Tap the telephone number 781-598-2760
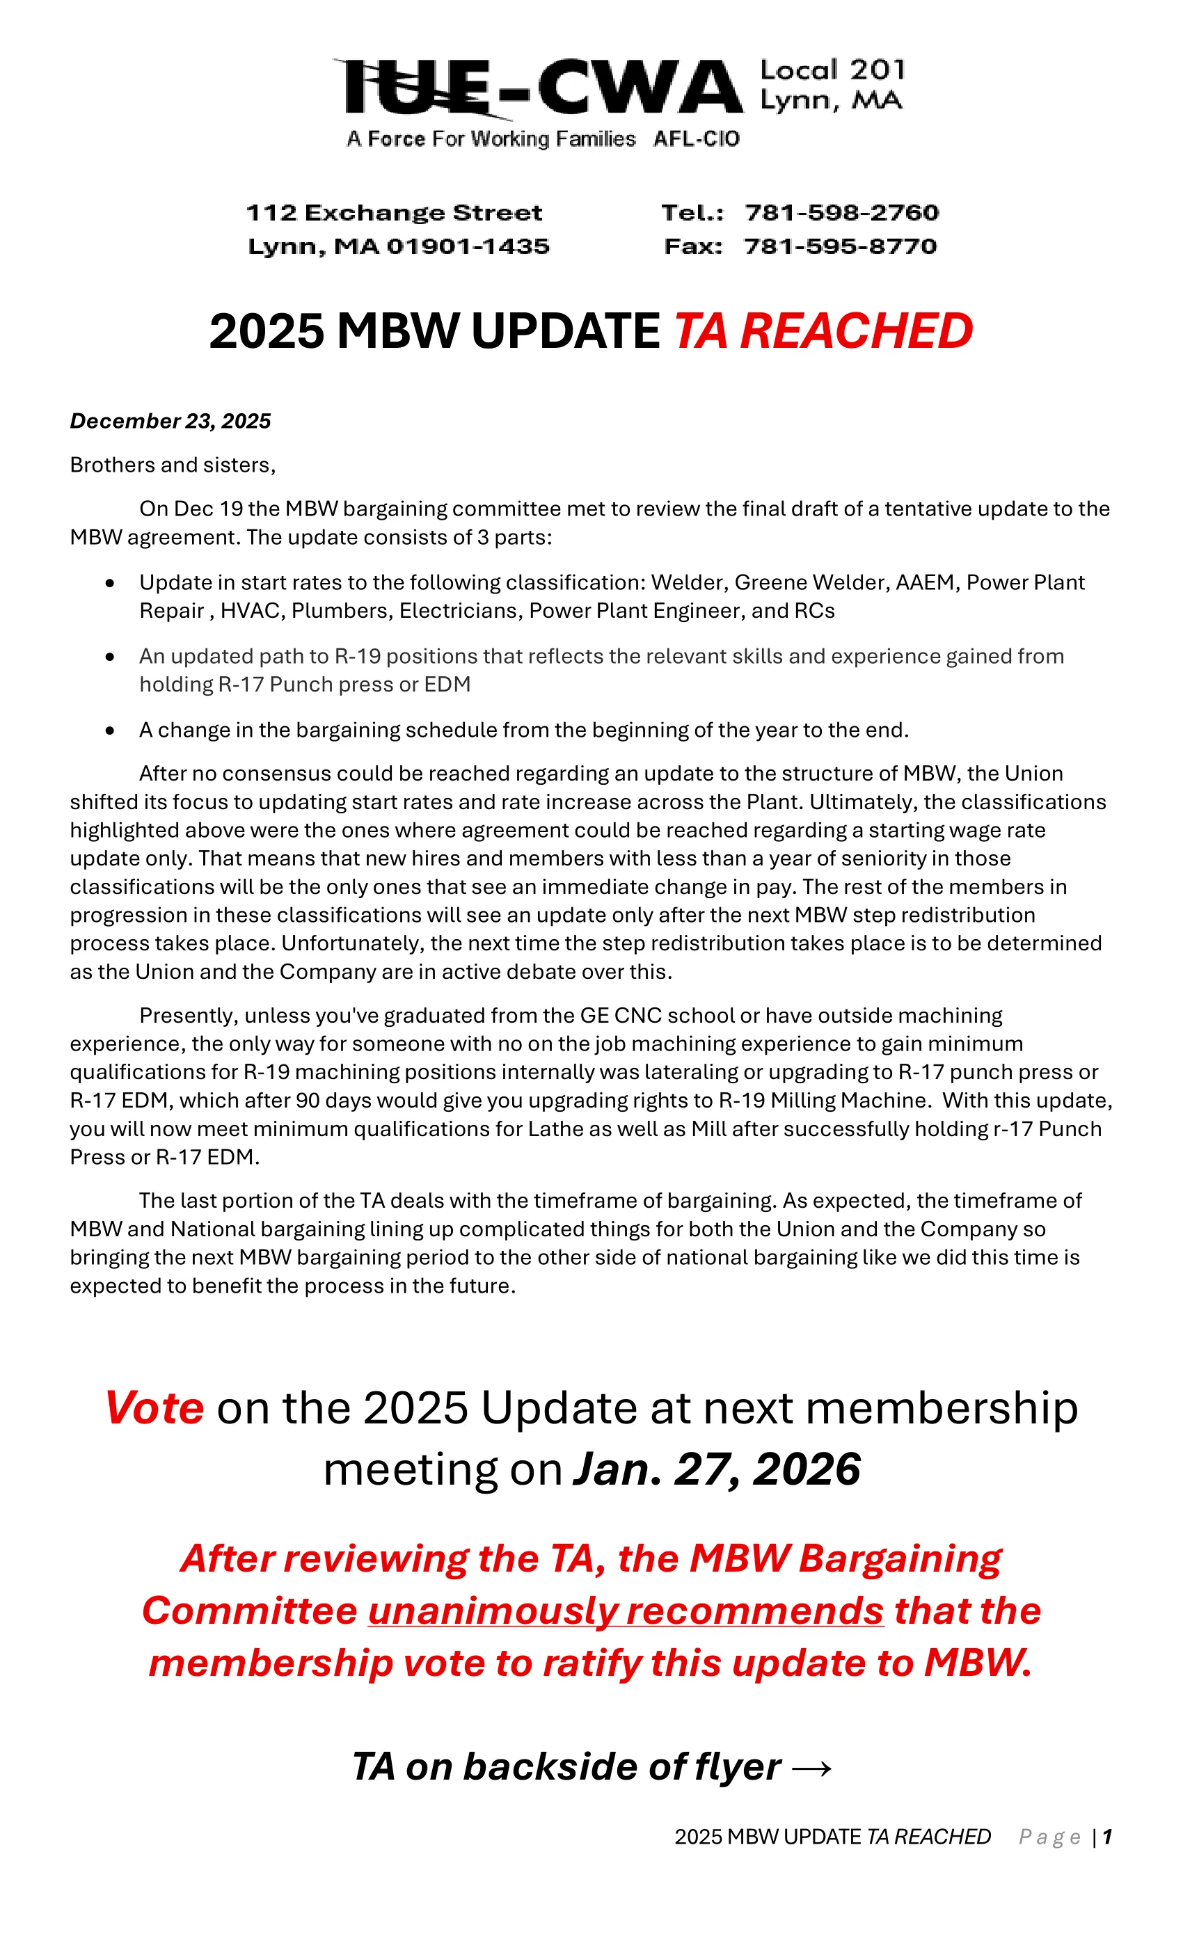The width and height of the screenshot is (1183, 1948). [x=841, y=213]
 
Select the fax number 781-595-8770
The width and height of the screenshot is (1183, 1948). [x=840, y=247]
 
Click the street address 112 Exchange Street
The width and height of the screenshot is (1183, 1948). [x=394, y=213]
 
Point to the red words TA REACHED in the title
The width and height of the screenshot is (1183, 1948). [x=823, y=330]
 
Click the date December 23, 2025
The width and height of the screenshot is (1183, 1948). [x=170, y=421]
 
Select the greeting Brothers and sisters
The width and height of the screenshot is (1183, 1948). [x=173, y=465]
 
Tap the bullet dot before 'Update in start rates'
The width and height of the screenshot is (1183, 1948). [x=110, y=584]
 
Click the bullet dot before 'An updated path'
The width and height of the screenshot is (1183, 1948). [x=110, y=657]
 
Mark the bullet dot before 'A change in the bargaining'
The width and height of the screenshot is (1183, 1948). [x=110, y=730]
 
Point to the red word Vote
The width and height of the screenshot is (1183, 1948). [x=155, y=1408]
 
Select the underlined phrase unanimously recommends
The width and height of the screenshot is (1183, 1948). [x=625, y=1611]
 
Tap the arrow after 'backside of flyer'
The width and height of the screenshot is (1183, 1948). [x=811, y=1768]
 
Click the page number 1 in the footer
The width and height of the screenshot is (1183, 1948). [x=1107, y=1837]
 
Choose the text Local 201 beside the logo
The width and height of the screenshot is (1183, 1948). [x=832, y=70]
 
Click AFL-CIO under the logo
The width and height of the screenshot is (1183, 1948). [x=696, y=139]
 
